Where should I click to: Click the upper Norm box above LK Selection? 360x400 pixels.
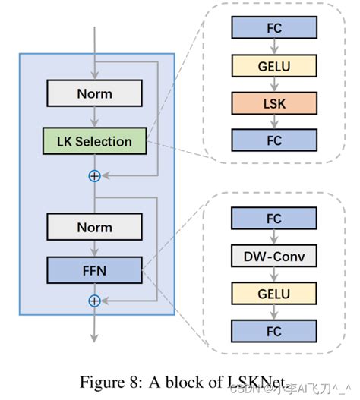click(x=94, y=93)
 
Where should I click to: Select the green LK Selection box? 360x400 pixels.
click(x=94, y=141)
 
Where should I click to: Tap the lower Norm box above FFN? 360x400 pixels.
click(x=94, y=227)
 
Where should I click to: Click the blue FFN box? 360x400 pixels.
click(x=94, y=269)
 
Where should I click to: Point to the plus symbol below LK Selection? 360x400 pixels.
click(x=94, y=176)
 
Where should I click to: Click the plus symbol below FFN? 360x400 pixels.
click(x=94, y=301)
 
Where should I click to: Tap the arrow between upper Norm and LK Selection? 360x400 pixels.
click(x=94, y=117)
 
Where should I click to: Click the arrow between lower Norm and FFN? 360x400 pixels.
click(x=94, y=248)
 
